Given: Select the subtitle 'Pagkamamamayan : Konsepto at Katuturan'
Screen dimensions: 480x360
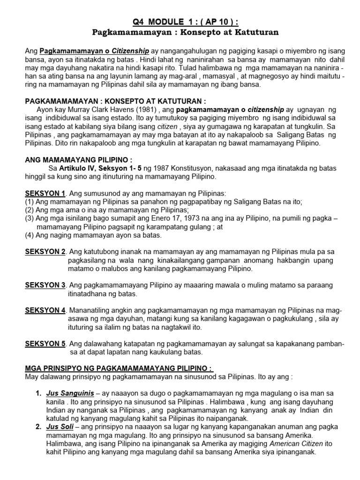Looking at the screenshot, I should click(x=180, y=33).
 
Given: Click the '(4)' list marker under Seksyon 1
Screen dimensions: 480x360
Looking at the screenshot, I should click(x=30, y=235).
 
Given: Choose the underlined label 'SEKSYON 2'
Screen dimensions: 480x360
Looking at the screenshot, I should click(x=45, y=252).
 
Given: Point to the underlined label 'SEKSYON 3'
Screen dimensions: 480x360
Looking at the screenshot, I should click(x=45, y=285).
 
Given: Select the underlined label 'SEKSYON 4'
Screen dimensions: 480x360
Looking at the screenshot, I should click(x=45, y=310).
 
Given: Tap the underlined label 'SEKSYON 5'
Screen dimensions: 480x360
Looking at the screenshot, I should click(x=45, y=344).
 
